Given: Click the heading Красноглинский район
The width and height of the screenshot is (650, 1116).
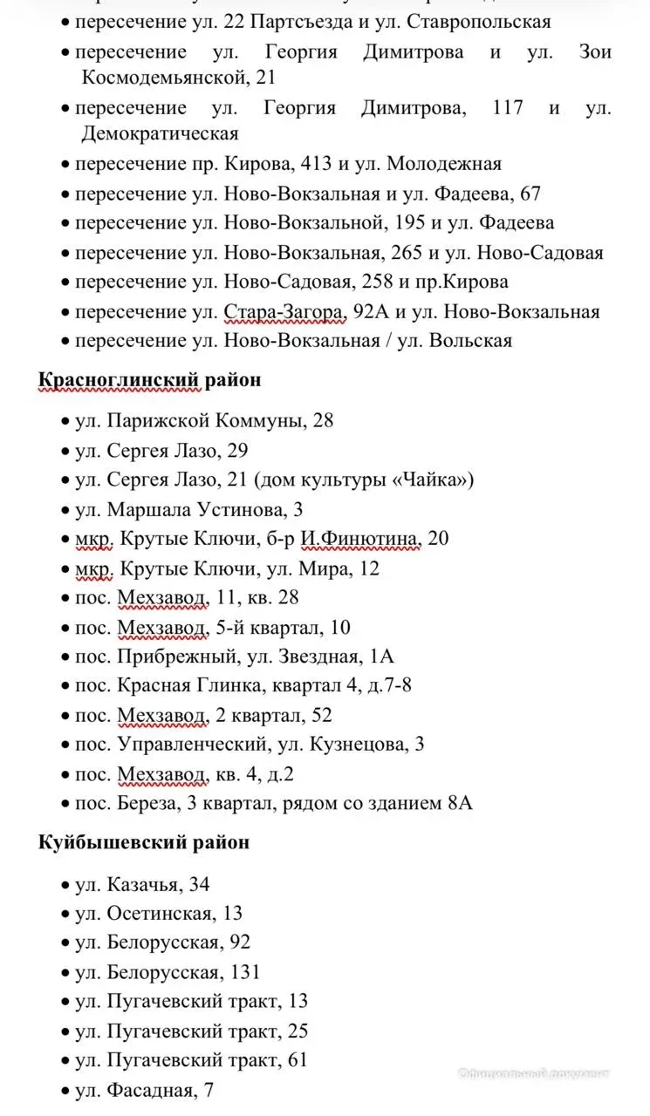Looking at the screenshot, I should tap(149, 380).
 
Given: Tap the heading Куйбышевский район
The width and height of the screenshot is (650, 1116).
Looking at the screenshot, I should tap(144, 842).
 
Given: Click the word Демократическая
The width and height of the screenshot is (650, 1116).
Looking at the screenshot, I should tap(160, 134).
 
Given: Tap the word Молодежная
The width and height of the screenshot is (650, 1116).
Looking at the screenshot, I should tap(444, 164).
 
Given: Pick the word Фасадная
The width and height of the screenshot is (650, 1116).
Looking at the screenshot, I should tap(151, 1090).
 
